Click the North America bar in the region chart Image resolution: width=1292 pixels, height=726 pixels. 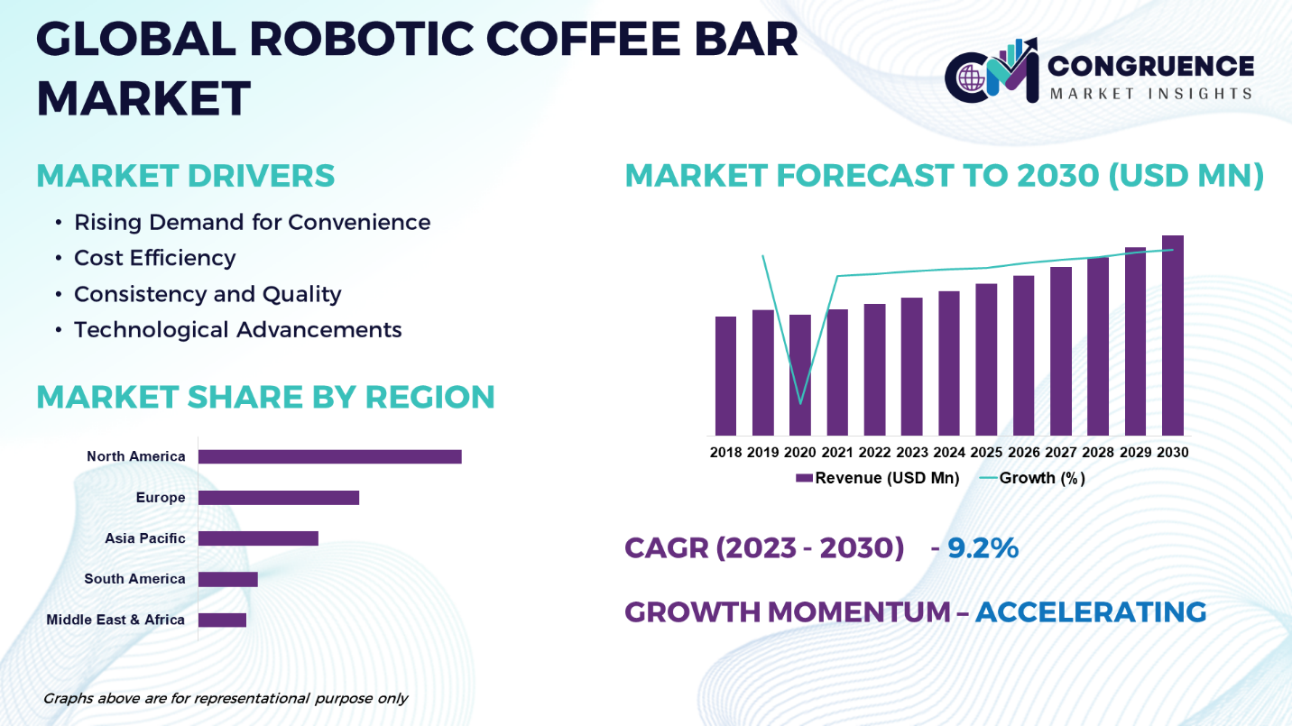point(330,456)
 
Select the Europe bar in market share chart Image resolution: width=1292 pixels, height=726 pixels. point(279,498)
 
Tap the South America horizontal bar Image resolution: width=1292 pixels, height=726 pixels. point(228,580)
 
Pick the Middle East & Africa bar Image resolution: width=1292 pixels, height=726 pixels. point(222,620)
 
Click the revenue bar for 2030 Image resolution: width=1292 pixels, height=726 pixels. point(1173,335)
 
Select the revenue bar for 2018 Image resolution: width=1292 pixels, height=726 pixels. point(725,376)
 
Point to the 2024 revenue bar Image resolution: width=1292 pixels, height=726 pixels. point(949,363)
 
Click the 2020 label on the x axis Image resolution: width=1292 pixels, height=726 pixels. point(799,453)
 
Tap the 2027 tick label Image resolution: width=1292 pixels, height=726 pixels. point(1061,453)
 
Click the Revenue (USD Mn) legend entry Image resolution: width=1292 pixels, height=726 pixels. point(877,478)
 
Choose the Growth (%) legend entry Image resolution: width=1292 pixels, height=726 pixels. point(1032,478)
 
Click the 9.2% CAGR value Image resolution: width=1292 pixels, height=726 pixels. point(983,547)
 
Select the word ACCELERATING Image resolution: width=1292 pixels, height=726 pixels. point(1091,611)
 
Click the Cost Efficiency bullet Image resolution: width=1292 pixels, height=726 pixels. point(154,258)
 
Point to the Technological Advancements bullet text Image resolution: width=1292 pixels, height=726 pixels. point(237,330)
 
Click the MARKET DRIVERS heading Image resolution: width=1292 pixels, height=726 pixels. point(185,176)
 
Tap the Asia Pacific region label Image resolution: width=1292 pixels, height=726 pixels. point(144,538)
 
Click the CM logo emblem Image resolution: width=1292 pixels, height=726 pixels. point(992,71)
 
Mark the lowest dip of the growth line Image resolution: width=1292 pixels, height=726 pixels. point(800,403)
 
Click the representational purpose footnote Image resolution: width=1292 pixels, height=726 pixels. point(226,699)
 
